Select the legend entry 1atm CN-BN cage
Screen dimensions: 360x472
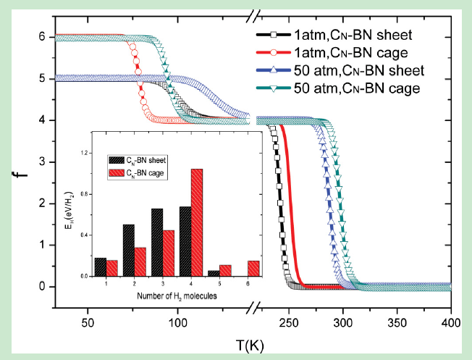click(373, 52)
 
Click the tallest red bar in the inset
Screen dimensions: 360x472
click(195, 222)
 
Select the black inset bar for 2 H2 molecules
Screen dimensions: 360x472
click(129, 250)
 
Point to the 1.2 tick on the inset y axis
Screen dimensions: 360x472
click(90, 154)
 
